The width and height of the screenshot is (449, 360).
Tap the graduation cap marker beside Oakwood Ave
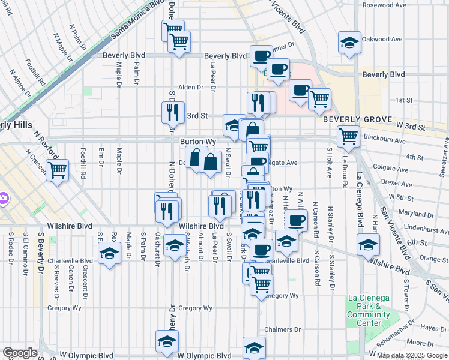(x=349, y=42)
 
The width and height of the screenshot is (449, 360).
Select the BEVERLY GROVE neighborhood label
(x=357, y=119)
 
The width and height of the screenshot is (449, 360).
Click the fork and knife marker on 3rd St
(x=171, y=111)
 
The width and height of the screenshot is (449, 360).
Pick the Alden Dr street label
(x=191, y=87)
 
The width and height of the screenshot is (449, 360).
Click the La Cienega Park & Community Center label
(x=369, y=310)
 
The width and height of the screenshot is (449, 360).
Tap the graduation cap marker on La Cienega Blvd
(x=368, y=244)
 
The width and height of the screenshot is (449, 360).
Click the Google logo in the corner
(x=20, y=353)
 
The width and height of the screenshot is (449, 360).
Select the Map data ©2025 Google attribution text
(x=412, y=355)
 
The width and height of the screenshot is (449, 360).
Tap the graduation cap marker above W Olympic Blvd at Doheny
(x=167, y=341)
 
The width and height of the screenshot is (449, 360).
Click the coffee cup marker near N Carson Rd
(x=295, y=220)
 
